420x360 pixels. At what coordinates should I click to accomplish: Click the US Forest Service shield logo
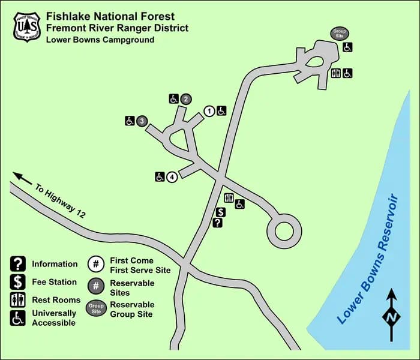pos(26,26)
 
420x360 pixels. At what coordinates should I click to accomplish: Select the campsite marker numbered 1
pos(209,110)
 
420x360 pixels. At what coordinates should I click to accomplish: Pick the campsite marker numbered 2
pos(186,99)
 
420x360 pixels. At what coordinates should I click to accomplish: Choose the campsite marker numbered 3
pos(142,121)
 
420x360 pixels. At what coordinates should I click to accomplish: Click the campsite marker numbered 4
pos(172,176)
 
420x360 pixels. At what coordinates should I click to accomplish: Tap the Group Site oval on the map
pos(340,34)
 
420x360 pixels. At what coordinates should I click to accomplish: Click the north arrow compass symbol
pos(391,313)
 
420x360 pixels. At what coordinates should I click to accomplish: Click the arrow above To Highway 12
pos(22,178)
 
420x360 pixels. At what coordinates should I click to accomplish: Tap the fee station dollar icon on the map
pos(220,212)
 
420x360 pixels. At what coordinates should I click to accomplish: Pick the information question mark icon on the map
pos(218,223)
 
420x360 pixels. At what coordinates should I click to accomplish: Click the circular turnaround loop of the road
pos(283,230)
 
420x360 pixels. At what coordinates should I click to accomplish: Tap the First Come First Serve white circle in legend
pos(96,265)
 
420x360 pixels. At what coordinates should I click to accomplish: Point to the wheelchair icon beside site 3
pos(130,121)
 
